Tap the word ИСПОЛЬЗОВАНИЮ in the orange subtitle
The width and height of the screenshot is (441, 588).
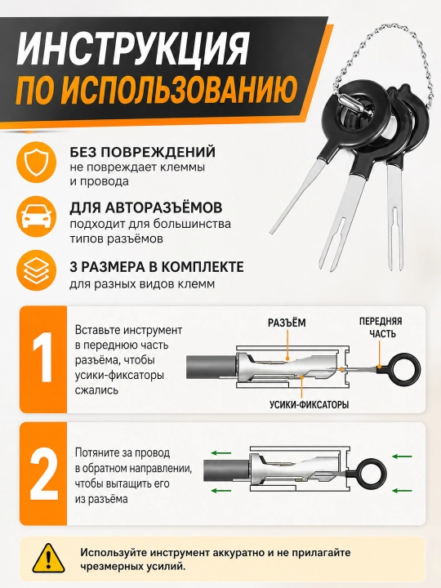[182, 90]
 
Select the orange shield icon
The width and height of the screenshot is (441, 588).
[36, 162]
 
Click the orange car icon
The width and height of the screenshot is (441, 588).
[36, 216]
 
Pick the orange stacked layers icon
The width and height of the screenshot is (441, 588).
[36, 271]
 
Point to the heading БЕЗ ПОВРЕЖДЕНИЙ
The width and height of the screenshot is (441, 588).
[142, 152]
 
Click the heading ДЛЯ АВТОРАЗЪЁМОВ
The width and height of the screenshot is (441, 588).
[146, 207]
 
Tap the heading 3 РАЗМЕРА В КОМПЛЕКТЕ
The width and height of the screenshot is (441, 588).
[157, 266]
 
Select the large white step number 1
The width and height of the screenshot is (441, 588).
[43, 358]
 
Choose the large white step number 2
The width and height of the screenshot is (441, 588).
[44, 474]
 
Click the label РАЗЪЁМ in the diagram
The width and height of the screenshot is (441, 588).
[287, 323]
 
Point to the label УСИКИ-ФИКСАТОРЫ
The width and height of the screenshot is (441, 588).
[309, 404]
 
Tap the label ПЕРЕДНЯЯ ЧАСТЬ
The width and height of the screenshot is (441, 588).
[381, 327]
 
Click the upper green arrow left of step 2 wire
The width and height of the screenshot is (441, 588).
[220, 453]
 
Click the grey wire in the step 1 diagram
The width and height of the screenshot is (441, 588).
[211, 367]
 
